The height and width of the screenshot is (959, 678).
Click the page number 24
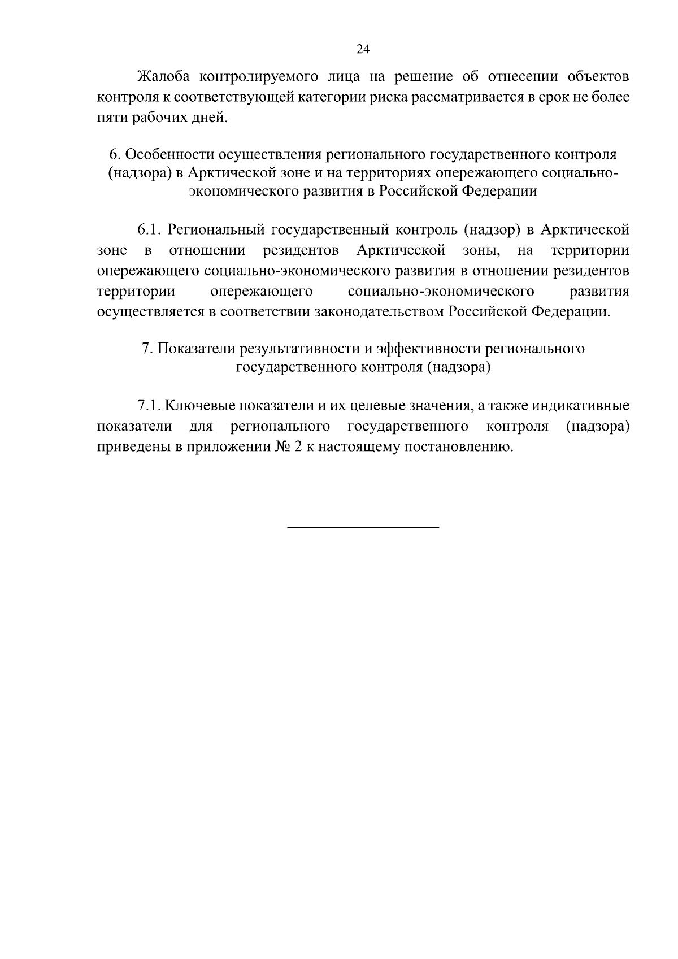coord(363,50)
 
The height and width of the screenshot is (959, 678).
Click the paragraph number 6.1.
coord(149,230)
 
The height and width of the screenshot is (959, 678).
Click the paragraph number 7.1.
coord(149,406)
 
